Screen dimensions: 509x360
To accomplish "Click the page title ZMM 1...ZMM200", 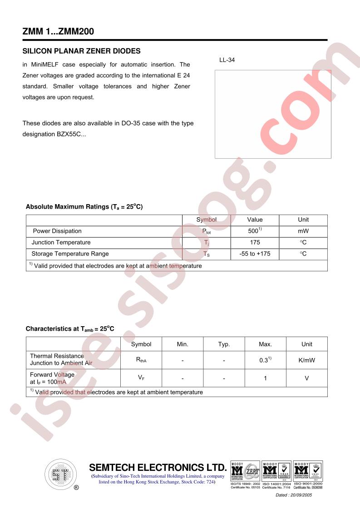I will tap(59, 31).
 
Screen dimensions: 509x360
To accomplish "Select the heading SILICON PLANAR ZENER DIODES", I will tap(81, 51).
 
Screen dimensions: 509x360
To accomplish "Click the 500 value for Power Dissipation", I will tap(254, 231).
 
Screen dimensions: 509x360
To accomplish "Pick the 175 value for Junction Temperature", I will tap(255, 242).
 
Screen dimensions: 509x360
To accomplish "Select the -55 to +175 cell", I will tap(255, 254).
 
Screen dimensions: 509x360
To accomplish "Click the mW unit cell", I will tap(303, 231).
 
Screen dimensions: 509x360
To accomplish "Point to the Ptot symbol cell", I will tap(206, 231).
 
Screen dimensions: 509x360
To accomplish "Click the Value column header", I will tap(255, 220).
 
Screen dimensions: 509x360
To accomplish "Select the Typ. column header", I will tap(224, 344).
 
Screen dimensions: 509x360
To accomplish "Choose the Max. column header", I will tap(266, 344).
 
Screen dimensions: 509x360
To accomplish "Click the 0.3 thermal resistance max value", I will tap(265, 360).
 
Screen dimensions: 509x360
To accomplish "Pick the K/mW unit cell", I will tap(307, 360).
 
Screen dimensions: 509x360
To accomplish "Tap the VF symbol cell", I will tap(141, 378).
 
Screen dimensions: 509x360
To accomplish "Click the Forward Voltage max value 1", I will tap(266, 378).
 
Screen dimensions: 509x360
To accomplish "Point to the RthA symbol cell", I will tap(141, 360).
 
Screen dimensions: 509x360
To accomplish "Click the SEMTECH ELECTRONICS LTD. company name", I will tap(158, 468).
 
